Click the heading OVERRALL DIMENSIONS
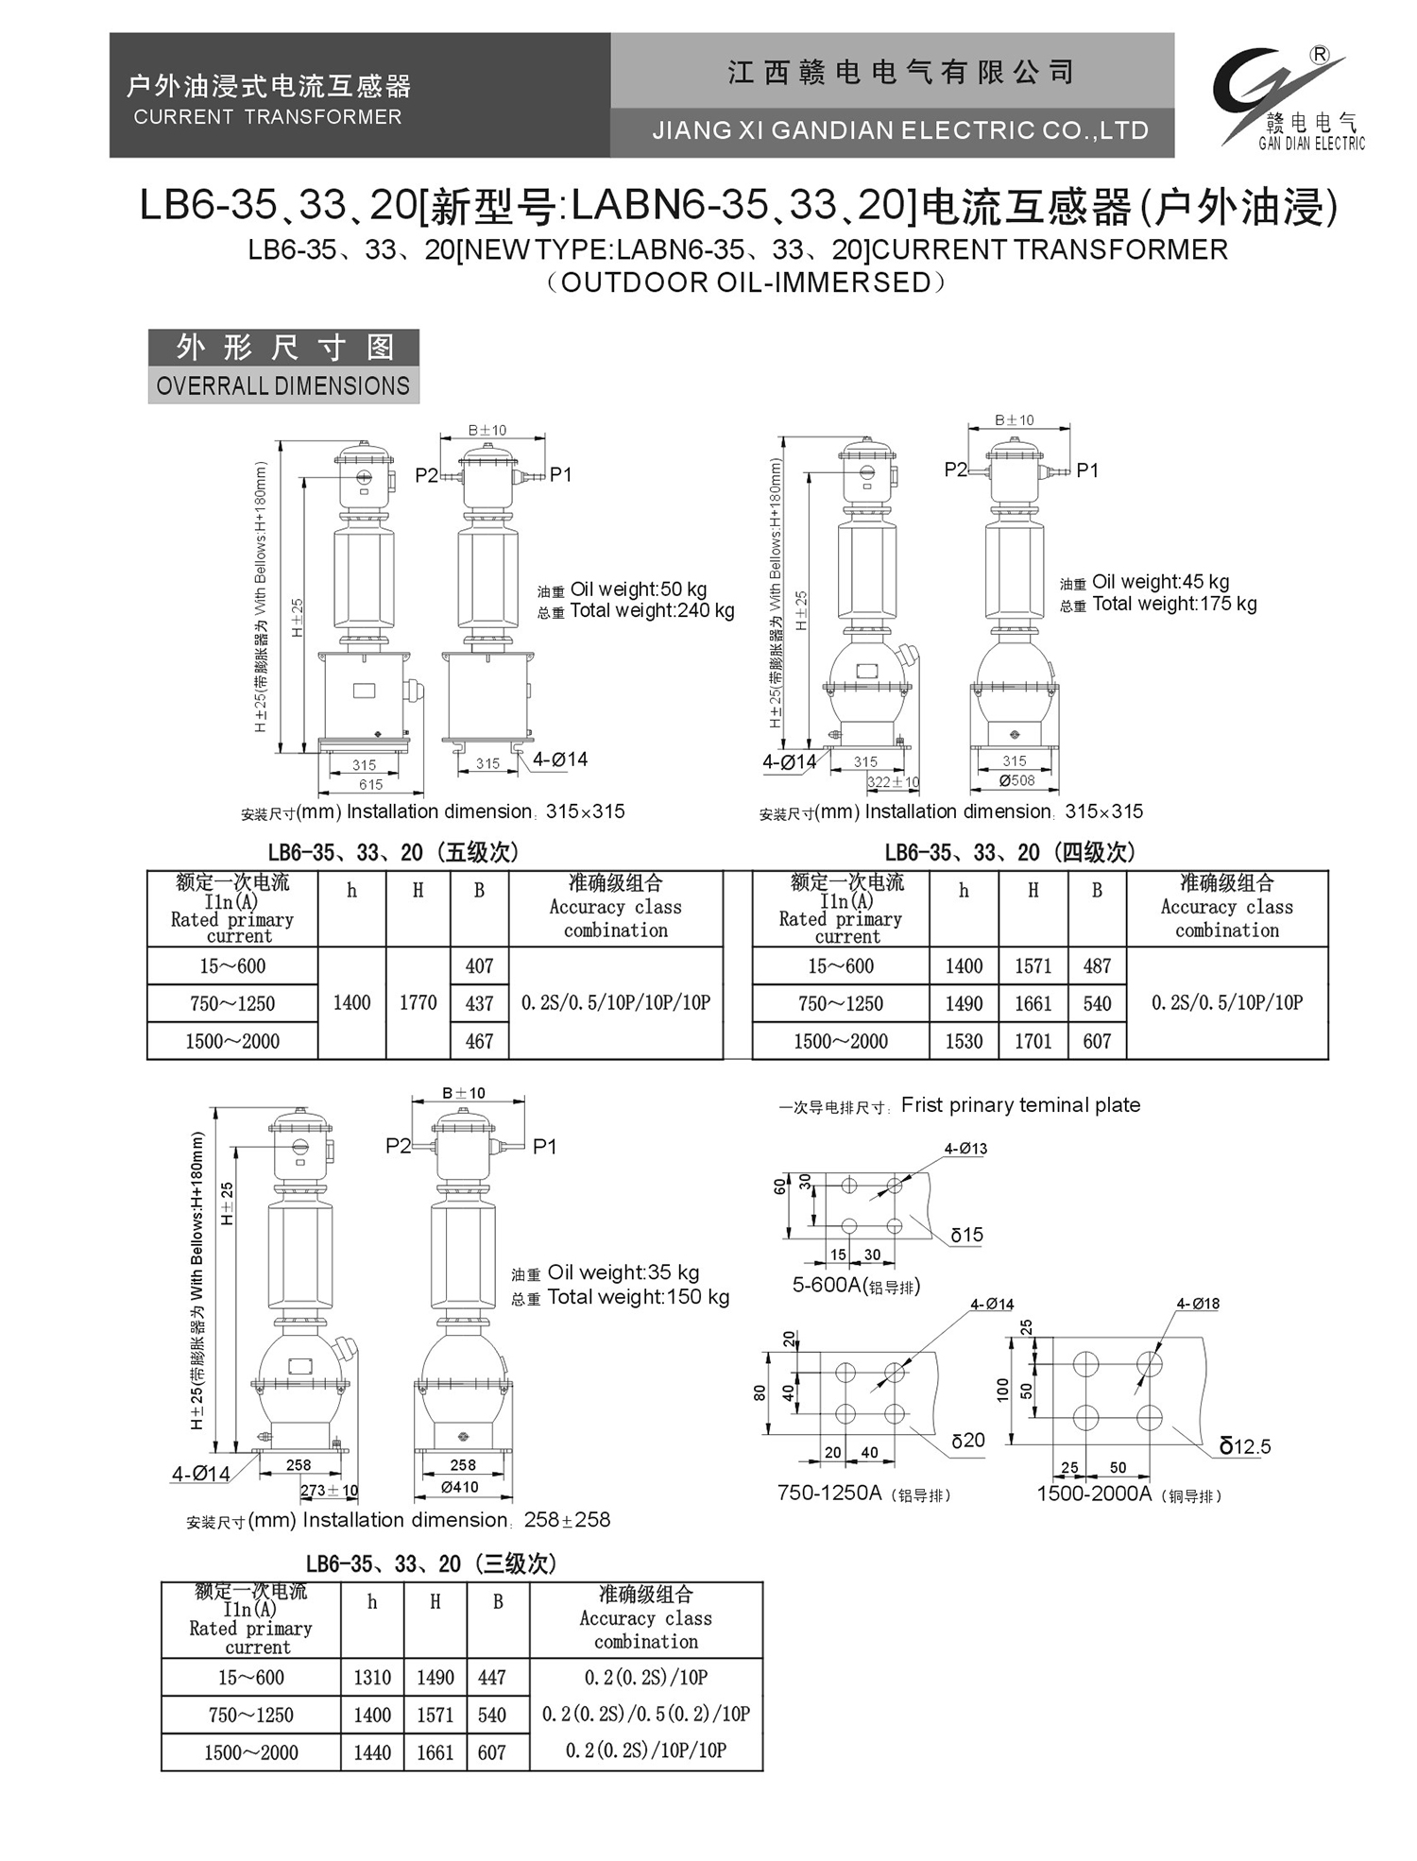pyautogui.click(x=282, y=386)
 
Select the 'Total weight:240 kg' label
pyautogui.click(x=652, y=611)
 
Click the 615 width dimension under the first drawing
pyautogui.click(x=370, y=784)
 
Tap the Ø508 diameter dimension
pyautogui.click(x=1016, y=780)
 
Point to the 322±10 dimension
pyautogui.click(x=893, y=782)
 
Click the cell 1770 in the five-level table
pyautogui.click(x=418, y=1003)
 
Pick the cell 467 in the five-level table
pyautogui.click(x=479, y=1041)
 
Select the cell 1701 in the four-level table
pyautogui.click(x=1033, y=1041)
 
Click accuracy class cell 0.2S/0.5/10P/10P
pyautogui.click(x=1226, y=1003)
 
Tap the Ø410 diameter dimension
pyautogui.click(x=460, y=1487)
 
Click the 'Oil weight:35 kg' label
pyautogui.click(x=623, y=1272)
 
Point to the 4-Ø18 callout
pyautogui.click(x=1197, y=1304)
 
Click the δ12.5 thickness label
pyautogui.click(x=1245, y=1446)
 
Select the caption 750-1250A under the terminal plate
pyautogui.click(x=828, y=1494)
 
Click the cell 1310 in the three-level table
pyautogui.click(x=372, y=1678)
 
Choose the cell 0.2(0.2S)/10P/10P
pyautogui.click(x=645, y=1751)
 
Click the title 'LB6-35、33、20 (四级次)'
pyautogui.click(x=1010, y=852)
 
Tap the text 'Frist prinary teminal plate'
pyautogui.click(x=1020, y=1105)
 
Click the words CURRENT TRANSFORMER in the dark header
pyautogui.click(x=267, y=117)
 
